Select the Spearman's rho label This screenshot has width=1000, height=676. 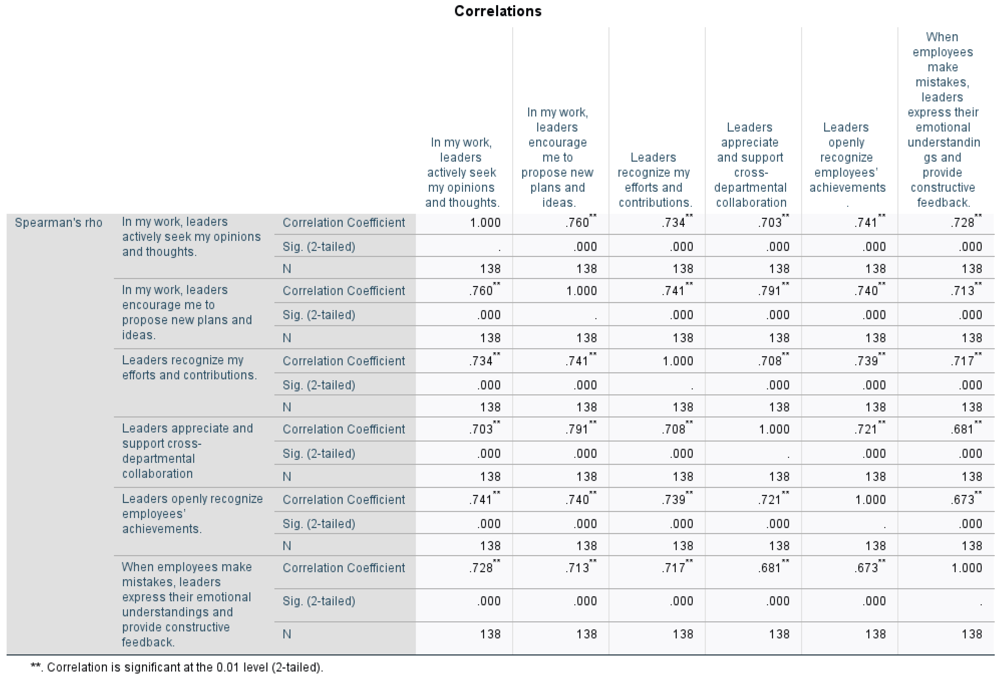point(59,223)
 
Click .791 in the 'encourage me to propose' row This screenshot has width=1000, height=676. point(769,291)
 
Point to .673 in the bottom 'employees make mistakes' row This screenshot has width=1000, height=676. point(866,568)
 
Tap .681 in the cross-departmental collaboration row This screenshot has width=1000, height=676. point(962,429)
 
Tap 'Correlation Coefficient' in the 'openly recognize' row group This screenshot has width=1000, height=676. point(343,500)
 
